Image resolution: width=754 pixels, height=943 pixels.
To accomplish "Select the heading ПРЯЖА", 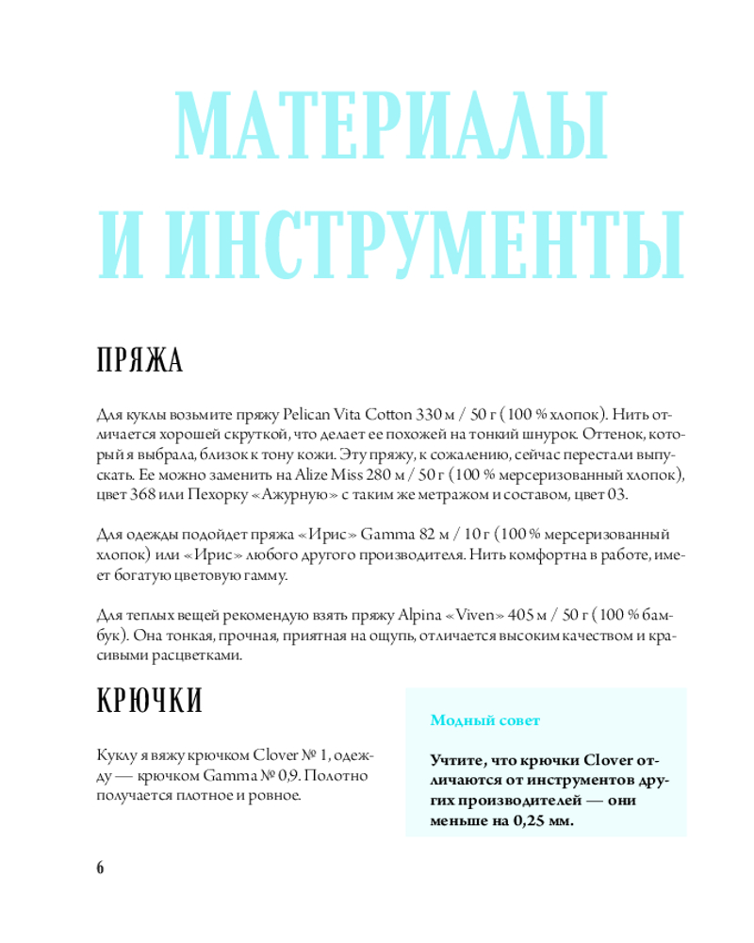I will [139, 361].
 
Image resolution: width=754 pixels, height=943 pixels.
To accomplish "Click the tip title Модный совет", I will [484, 721].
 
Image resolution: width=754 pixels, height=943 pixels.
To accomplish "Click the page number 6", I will [100, 868].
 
